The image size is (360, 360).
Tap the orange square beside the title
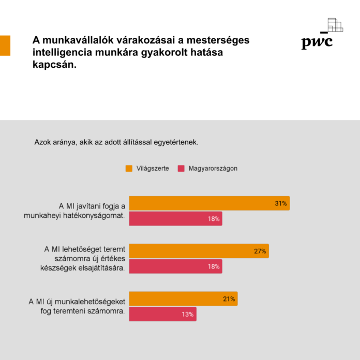point(5,46)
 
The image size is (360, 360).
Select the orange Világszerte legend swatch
point(129,168)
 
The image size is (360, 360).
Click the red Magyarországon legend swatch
point(181,168)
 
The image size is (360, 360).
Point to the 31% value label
point(281,203)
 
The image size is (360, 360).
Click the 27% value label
point(260,251)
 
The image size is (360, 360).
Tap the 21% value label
point(229,298)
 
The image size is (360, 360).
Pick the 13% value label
point(187,314)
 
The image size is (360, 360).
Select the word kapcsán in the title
point(54,66)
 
